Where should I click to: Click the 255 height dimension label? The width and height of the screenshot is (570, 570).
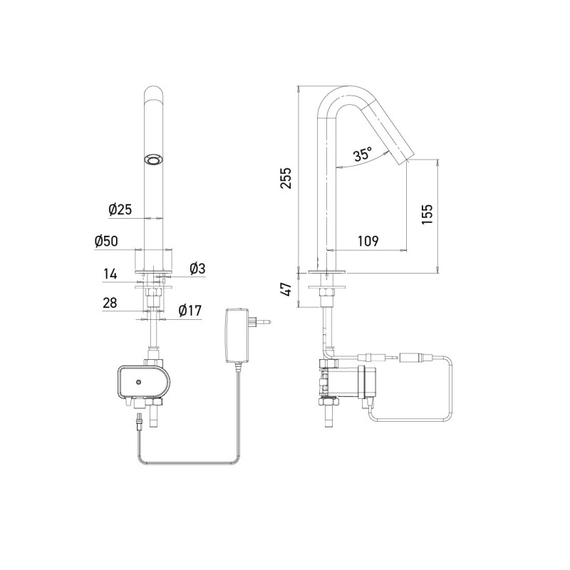click(x=286, y=179)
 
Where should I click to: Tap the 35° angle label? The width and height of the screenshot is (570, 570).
click(x=363, y=154)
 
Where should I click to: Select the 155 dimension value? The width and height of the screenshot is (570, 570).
click(x=426, y=214)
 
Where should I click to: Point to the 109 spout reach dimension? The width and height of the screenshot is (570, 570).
click(x=367, y=241)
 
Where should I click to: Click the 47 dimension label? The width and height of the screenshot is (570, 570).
click(x=286, y=289)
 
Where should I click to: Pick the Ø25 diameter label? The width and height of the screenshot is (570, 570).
click(x=120, y=209)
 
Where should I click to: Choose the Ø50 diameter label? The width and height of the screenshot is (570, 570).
click(x=106, y=241)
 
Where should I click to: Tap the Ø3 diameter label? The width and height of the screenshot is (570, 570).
click(x=197, y=269)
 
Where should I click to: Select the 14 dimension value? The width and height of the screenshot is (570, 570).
click(x=110, y=273)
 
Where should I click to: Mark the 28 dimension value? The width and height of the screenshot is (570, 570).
click(x=110, y=303)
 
